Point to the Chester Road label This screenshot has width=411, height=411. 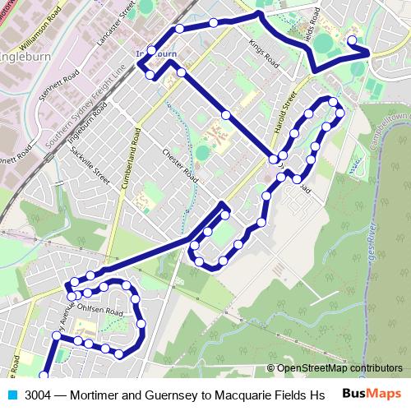click(180, 166)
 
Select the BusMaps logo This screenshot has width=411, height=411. click(371, 395)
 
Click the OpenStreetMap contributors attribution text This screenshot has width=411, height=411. click(335, 368)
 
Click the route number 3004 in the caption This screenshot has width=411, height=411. click(39, 395)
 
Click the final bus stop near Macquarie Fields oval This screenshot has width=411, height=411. click(352, 40)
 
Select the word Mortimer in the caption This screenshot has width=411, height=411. click(97, 395)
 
